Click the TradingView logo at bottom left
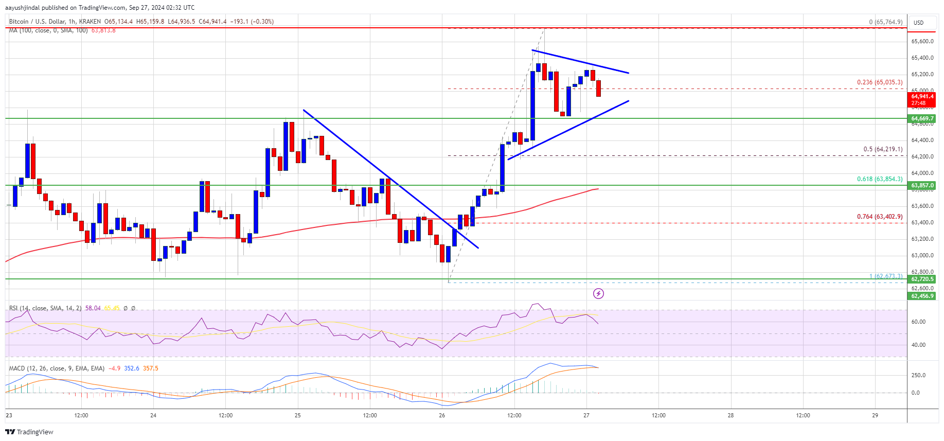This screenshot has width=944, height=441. (x=29, y=432)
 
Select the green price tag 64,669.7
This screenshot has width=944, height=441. (x=922, y=118)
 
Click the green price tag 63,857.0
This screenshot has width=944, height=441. (x=922, y=185)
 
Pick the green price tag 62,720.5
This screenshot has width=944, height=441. (x=922, y=279)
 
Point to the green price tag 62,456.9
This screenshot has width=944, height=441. (x=922, y=296)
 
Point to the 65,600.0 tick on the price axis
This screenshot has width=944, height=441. (x=922, y=41)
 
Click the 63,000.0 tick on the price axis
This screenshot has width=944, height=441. (x=922, y=255)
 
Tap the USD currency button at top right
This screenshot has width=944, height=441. (x=918, y=23)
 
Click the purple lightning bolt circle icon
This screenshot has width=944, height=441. (x=598, y=293)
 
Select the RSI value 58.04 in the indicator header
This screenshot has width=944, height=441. (x=93, y=308)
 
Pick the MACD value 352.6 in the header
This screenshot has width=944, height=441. (x=131, y=368)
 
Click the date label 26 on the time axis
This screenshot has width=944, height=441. (x=442, y=415)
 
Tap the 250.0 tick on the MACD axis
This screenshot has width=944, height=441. (x=918, y=375)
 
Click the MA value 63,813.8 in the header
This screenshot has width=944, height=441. (x=103, y=30)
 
